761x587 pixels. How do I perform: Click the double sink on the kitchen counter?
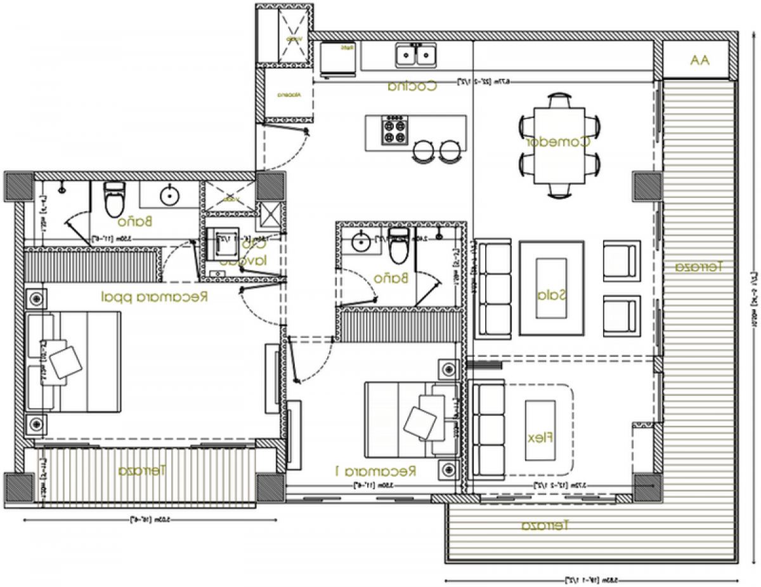[x=416, y=55]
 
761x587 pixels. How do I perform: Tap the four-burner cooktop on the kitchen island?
[x=393, y=131]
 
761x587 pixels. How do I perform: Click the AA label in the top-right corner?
[x=700, y=60]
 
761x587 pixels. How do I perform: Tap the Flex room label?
[x=540, y=437]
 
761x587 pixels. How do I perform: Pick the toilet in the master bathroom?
[x=114, y=200]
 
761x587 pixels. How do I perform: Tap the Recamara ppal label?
[x=155, y=296]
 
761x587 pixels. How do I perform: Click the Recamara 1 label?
[x=375, y=471]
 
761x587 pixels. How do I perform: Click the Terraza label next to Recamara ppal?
[x=142, y=471]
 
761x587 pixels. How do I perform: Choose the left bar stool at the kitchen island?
[x=423, y=151]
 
